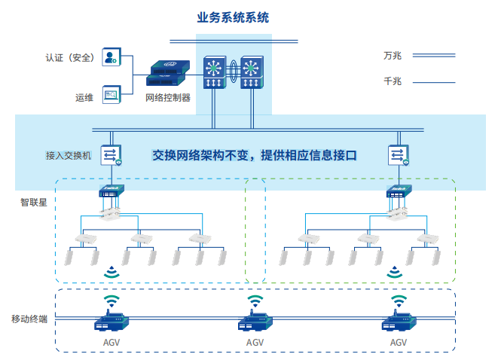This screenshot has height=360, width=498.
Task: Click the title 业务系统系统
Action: point(232,17)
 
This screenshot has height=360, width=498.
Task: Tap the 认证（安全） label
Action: point(69,56)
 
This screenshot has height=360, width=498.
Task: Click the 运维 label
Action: point(84,96)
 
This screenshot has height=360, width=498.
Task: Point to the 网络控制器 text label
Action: point(167,98)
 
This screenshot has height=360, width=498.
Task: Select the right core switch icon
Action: point(251,73)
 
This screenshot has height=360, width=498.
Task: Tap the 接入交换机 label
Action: point(69,155)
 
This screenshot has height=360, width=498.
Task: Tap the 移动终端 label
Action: point(29,319)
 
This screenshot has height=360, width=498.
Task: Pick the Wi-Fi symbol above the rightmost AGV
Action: point(398,301)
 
